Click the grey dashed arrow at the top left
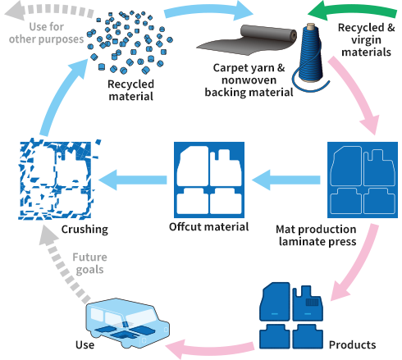pos(41,11)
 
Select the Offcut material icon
pos(208,177)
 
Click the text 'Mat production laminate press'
pos(316,235)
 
